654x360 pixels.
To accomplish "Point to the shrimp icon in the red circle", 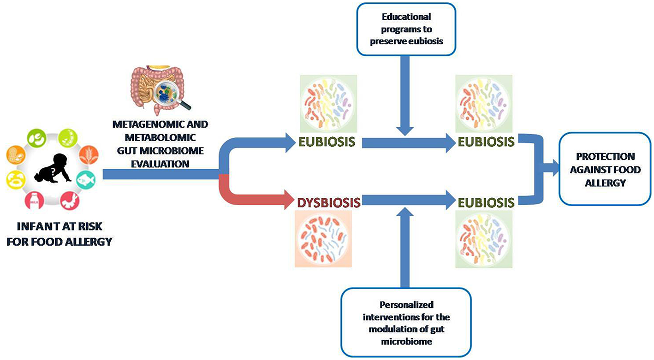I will [70, 201].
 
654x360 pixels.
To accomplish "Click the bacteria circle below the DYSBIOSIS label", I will [323, 239].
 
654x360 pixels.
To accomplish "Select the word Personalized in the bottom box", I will [406, 305].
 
